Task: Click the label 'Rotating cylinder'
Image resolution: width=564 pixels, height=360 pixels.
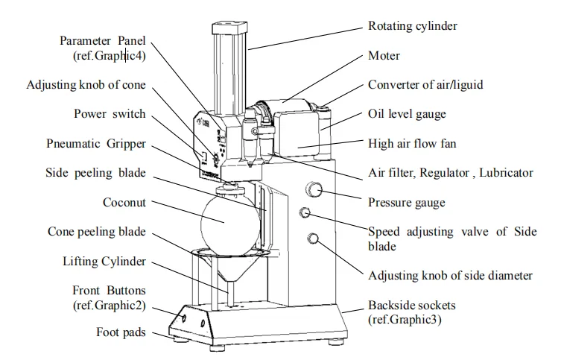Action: [x=412, y=26]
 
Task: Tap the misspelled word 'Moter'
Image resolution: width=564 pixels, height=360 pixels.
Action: [x=384, y=55]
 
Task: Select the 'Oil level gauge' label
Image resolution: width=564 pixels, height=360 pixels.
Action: [x=407, y=114]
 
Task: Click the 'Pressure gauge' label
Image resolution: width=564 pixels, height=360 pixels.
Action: [x=406, y=202]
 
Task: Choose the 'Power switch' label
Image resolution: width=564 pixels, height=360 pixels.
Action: [x=110, y=114]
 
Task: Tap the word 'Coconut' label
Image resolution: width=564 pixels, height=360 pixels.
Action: [x=124, y=202]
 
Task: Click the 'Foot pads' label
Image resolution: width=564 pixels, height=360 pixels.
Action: [x=121, y=333]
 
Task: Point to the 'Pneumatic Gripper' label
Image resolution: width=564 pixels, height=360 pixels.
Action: [x=96, y=143]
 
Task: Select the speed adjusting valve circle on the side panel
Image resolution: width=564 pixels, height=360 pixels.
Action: [x=305, y=213]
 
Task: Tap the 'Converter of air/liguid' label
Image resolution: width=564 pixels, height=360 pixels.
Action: [x=425, y=84]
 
